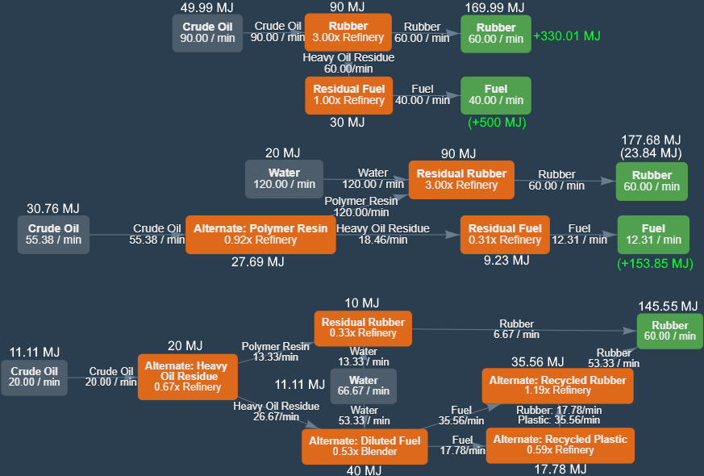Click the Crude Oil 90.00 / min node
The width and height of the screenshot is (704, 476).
tap(207, 32)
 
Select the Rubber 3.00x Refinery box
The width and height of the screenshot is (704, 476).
tap(348, 32)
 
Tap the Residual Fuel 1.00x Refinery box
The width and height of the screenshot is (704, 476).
tap(348, 95)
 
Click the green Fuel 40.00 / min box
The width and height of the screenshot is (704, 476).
tap(495, 95)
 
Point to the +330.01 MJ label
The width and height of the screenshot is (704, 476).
tap(567, 36)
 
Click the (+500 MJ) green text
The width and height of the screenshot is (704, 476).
tap(496, 123)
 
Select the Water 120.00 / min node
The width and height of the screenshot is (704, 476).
tap(284, 178)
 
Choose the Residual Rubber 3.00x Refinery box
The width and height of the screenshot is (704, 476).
tap(462, 179)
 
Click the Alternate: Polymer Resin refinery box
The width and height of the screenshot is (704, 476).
tap(260, 234)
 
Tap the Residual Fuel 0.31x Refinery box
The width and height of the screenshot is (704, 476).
tap(505, 234)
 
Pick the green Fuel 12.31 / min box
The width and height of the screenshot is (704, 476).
tap(653, 234)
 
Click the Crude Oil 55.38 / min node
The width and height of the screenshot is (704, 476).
tap(53, 234)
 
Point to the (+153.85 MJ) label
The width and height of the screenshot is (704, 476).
tap(655, 264)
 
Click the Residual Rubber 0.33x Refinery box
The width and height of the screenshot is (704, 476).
tap(363, 328)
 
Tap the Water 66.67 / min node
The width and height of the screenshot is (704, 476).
tap(364, 386)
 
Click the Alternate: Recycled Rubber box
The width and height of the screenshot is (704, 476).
tap(557, 386)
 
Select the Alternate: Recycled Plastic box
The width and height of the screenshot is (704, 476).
tap(560, 445)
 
